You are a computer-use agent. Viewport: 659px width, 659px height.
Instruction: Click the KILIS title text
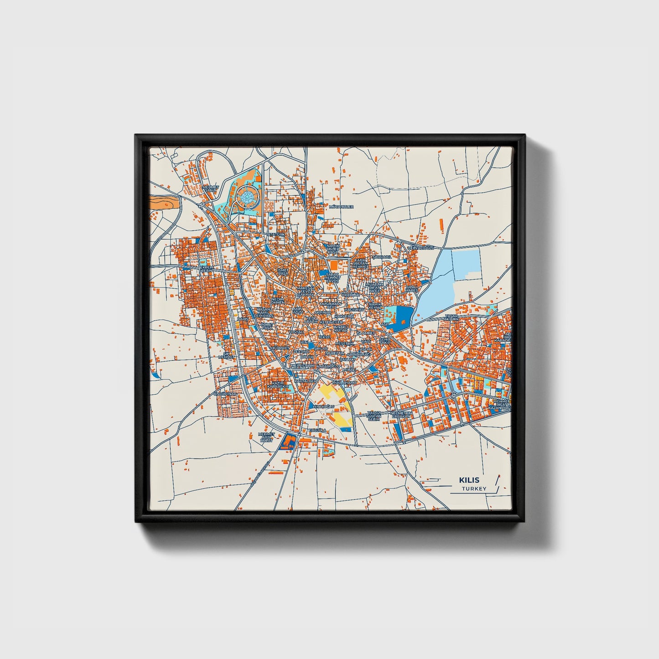[x=469, y=480]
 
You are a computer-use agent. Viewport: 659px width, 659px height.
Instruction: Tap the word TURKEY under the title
[x=474, y=489]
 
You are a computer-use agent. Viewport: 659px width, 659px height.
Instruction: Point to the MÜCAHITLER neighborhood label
[x=341, y=207]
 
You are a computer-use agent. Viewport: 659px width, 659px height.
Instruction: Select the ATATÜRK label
[x=276, y=234]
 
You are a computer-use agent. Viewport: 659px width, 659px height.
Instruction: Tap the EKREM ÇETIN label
[x=207, y=269]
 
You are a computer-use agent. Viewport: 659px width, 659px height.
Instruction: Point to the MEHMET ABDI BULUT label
[x=266, y=437]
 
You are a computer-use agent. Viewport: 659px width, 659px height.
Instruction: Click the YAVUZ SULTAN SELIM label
[x=374, y=416]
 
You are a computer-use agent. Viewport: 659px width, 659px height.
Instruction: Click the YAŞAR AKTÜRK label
[x=452, y=317]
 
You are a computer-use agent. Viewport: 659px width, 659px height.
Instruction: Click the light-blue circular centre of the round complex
[x=247, y=197]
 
